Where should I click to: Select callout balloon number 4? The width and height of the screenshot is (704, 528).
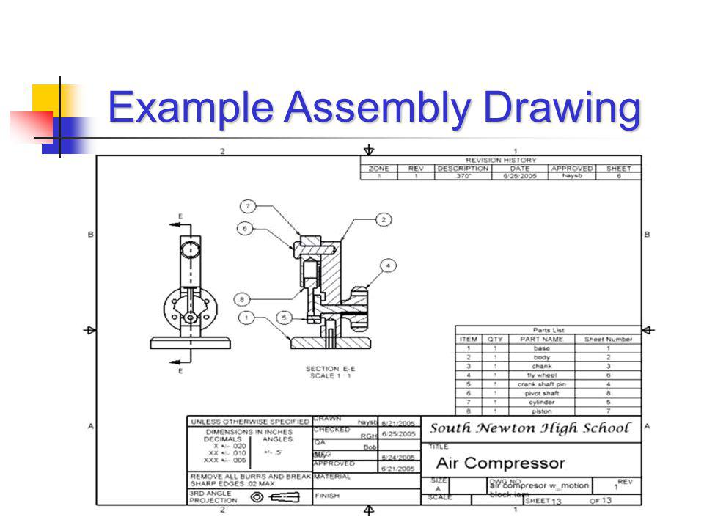coord(388,265)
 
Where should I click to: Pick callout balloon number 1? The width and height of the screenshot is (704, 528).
coord(246,318)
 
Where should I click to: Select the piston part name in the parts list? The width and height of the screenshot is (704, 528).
coord(541,411)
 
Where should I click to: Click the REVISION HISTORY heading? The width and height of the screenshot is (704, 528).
coord(501,160)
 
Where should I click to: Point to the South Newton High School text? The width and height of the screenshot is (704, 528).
coord(529,428)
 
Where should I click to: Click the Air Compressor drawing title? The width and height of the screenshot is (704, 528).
coord(501,463)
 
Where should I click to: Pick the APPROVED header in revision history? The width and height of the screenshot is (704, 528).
coord(572,169)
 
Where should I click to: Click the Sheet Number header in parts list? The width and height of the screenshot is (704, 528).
coord(608,340)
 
